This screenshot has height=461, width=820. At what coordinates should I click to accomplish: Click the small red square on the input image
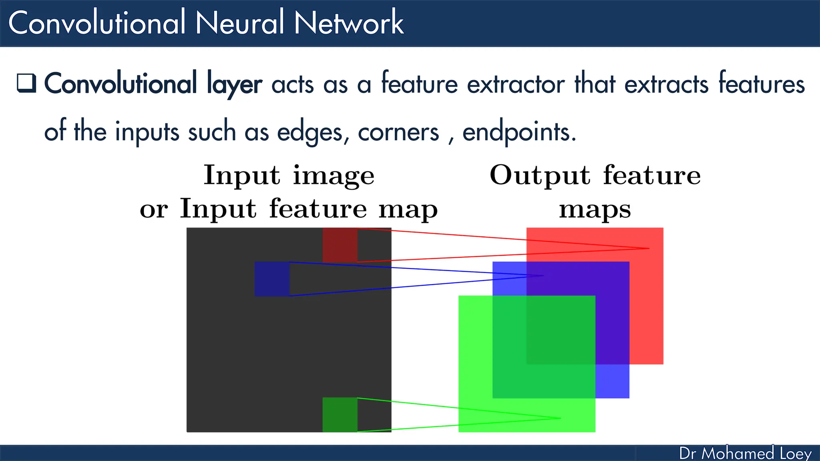coord(340,245)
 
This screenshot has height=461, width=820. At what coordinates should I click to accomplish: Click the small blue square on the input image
coord(272,279)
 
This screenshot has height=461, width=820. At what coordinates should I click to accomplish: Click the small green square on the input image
coord(340,415)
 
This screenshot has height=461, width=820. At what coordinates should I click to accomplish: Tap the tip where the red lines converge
coord(649,249)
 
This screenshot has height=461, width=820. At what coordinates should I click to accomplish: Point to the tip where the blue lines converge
coord(543,276)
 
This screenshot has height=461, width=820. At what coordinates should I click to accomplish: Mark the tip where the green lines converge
coord(560,418)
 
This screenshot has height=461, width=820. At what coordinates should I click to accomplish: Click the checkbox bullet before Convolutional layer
coord(26,83)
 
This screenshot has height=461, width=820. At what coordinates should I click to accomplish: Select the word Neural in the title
coord(239,23)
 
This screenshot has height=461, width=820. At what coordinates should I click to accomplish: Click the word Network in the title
coord(349,23)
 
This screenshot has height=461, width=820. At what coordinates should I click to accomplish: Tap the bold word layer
coord(234,84)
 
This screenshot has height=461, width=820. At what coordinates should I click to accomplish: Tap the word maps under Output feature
coord(595,210)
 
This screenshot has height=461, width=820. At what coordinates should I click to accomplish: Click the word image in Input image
coord(334,176)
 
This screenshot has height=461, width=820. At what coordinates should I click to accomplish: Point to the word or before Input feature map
coord(154,210)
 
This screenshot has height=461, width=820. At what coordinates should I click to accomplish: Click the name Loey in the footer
coord(796,453)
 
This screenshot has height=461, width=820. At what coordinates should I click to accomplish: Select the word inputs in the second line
coord(147,132)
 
